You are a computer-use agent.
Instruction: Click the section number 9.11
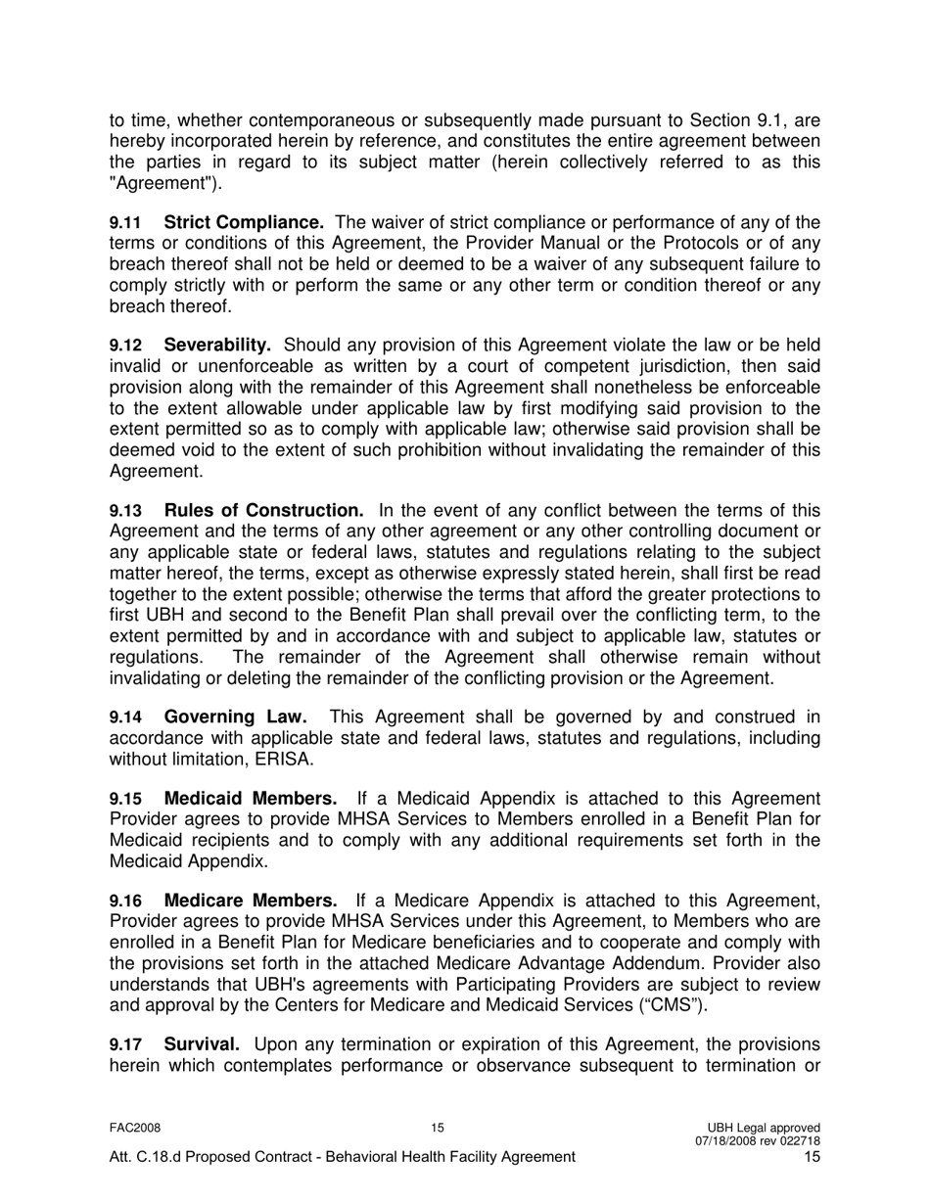pos(125,223)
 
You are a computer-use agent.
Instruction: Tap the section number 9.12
pos(125,346)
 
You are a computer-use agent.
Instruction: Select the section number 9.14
pos(125,718)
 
